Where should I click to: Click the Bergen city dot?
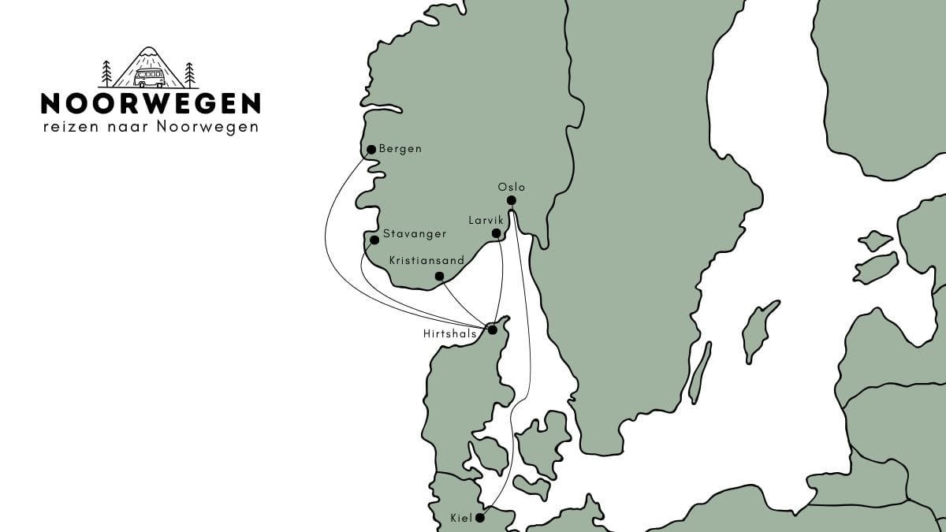pyautogui.click(x=371, y=149)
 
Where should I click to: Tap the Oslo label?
pyautogui.click(x=511, y=188)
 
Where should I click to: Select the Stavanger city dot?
pyautogui.click(x=374, y=240)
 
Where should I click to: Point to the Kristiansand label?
pyautogui.click(x=426, y=259)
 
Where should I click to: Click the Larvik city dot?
pyautogui.click(x=496, y=234)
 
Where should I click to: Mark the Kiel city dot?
pyautogui.click(x=479, y=518)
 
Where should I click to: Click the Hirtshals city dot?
pyautogui.click(x=493, y=330)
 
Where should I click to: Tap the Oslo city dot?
pyautogui.click(x=511, y=200)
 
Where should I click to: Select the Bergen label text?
pyautogui.click(x=400, y=149)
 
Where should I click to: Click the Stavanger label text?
pyautogui.click(x=415, y=234)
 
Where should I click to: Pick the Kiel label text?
pyautogui.click(x=460, y=518)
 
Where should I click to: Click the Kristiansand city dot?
pyautogui.click(x=440, y=276)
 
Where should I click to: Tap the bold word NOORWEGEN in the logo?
pyautogui.click(x=151, y=103)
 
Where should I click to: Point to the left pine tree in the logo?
pyautogui.click(x=107, y=73)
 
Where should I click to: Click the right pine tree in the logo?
pyautogui.click(x=189, y=74)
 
